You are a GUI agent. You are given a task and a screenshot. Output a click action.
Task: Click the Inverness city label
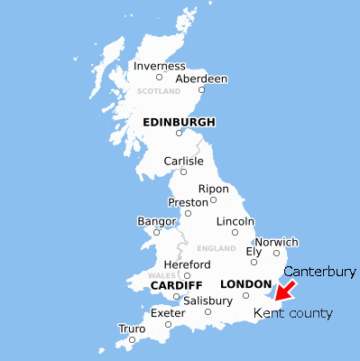pyautogui.click(x=159, y=66)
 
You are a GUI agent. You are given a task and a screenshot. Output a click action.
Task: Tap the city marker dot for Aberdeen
pyautogui.click(x=201, y=89)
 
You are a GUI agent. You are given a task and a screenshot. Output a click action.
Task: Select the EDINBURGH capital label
pyautogui.click(x=179, y=122)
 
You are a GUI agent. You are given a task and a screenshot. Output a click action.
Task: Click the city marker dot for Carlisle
pyautogui.click(x=183, y=171)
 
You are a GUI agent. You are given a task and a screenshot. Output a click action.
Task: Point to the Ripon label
pyautogui.click(x=214, y=189)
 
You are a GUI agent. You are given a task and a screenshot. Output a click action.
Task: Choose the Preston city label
pyautogui.click(x=189, y=202)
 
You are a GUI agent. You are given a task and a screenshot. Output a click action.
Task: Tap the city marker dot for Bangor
pyautogui.click(x=156, y=232)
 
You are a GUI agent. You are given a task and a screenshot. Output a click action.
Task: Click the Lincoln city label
pyautogui.click(x=235, y=221)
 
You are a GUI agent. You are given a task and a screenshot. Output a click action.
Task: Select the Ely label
pyautogui.click(x=254, y=251)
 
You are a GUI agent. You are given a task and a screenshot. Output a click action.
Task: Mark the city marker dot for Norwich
pyautogui.click(x=277, y=253)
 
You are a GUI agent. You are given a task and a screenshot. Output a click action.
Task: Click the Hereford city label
pyautogui.click(x=187, y=264)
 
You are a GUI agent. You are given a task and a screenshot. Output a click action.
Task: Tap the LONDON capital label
pyautogui.click(x=245, y=284)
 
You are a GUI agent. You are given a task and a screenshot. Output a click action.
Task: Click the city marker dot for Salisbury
pyautogui.click(x=208, y=312)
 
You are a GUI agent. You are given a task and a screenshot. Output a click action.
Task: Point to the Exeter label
pyautogui.click(x=168, y=313)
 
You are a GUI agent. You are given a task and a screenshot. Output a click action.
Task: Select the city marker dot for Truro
pyautogui.click(x=132, y=340)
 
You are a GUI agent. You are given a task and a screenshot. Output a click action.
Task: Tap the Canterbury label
pyautogui.click(x=321, y=271)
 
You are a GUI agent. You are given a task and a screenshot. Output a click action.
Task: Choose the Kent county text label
pyautogui.click(x=292, y=313)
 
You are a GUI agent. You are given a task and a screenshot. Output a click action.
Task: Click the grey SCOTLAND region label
pyautogui.click(x=159, y=91)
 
